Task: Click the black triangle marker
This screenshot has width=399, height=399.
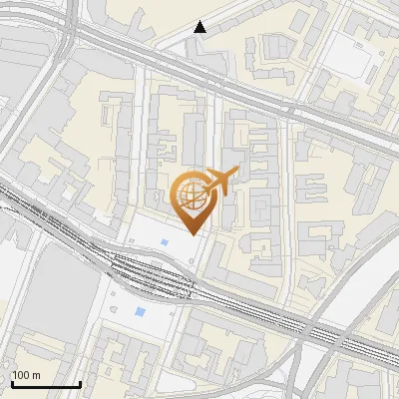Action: click(200, 27)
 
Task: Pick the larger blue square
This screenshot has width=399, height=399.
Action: click(138, 313)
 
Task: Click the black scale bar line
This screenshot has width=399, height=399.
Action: click(46, 384)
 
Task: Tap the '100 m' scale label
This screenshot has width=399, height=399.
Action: click(26, 375)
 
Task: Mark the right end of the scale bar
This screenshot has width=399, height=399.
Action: click(80, 384)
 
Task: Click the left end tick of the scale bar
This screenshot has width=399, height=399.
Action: click(12, 382)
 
